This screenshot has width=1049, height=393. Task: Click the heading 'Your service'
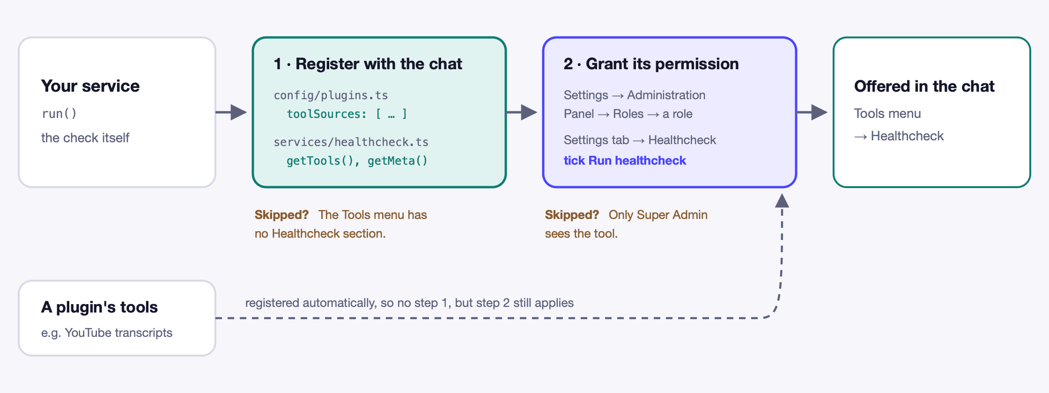point(90,86)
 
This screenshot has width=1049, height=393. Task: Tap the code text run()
point(59,114)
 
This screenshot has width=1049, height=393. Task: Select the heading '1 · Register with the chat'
point(368,64)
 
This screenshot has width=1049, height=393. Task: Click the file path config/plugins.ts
point(331,95)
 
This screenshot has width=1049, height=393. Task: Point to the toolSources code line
point(347,114)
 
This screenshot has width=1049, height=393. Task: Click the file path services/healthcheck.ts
point(351,142)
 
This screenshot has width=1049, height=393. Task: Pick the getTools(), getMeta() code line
point(357,161)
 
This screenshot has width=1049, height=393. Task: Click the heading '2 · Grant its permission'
point(651,64)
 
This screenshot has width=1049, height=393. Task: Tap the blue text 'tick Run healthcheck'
point(625,160)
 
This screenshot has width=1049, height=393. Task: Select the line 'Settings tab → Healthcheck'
point(640,140)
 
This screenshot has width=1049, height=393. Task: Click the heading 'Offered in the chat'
point(924,86)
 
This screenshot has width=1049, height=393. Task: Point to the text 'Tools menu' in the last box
point(887,114)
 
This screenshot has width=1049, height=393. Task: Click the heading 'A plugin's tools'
point(99,307)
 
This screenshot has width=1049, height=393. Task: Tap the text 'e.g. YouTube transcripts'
point(107,333)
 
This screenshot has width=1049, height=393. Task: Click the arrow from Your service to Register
point(231,112)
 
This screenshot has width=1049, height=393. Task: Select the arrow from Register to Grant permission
point(522,112)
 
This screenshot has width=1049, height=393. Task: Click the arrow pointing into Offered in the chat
point(812,112)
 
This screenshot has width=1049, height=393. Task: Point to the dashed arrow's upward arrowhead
point(782,201)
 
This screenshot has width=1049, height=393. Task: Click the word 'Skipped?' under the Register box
point(281,215)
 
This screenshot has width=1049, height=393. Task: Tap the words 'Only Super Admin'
point(658,215)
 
